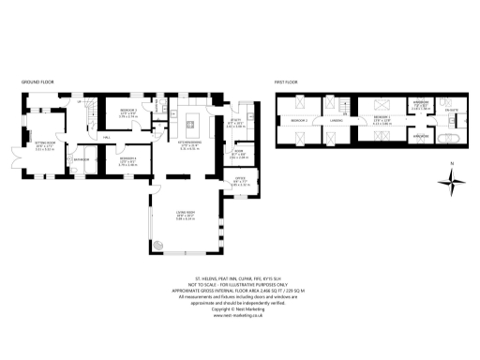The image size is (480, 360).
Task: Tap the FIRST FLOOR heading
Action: pos(286,82)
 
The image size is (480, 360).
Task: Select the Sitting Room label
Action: pos(44,145)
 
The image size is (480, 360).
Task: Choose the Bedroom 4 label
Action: pos(128,159)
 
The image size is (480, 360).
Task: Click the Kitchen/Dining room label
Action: pos(191,145)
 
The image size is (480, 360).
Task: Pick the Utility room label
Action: pos(237,122)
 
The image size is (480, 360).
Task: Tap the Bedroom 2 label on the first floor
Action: pos(299,122)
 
